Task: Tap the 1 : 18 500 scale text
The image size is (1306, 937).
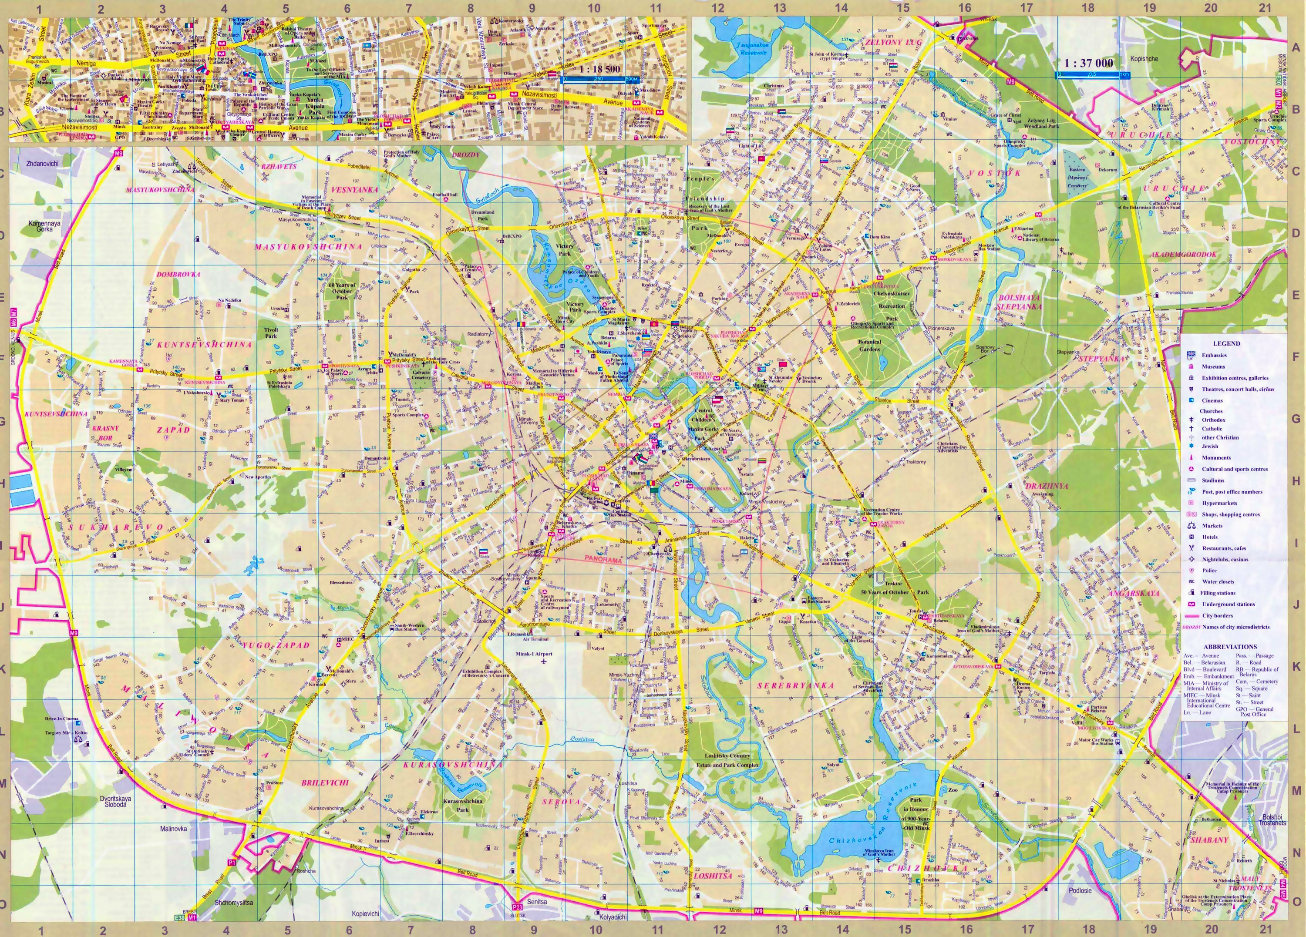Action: tap(599, 70)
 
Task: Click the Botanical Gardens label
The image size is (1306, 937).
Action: tap(869, 345)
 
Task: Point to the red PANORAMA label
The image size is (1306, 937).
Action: tap(603, 559)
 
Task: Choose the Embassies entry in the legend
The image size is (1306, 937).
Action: tap(1214, 355)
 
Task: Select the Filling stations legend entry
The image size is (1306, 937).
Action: tap(1218, 593)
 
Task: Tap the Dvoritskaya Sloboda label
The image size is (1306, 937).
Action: tap(117, 802)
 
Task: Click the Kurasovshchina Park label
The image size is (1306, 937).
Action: tap(463, 805)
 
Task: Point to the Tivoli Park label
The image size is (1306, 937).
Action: tap(271, 332)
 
